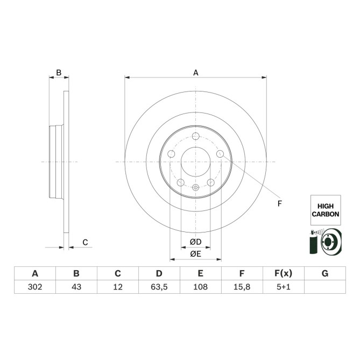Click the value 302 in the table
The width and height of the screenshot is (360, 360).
[x=35, y=287]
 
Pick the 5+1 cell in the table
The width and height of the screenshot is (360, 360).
[x=284, y=287]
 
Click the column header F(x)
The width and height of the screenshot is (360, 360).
[x=284, y=273]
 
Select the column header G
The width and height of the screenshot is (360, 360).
[x=325, y=273]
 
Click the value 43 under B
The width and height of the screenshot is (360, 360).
[x=76, y=287]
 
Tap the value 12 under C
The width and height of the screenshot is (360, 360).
[x=118, y=287]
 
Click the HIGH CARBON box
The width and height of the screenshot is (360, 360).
[x=325, y=210]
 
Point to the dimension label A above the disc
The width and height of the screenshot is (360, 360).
[x=196, y=73]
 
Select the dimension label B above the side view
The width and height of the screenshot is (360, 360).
[x=59, y=72]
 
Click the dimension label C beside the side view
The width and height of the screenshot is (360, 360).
[x=85, y=243]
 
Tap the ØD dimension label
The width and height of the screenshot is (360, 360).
[x=195, y=242]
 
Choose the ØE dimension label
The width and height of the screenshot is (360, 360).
[x=195, y=253]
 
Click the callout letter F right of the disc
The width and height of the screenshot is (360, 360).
[x=279, y=203]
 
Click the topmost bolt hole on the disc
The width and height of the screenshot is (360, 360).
[x=196, y=136]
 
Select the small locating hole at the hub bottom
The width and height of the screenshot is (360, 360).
[x=196, y=188]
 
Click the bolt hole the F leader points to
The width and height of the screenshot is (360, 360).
[x=220, y=154]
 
